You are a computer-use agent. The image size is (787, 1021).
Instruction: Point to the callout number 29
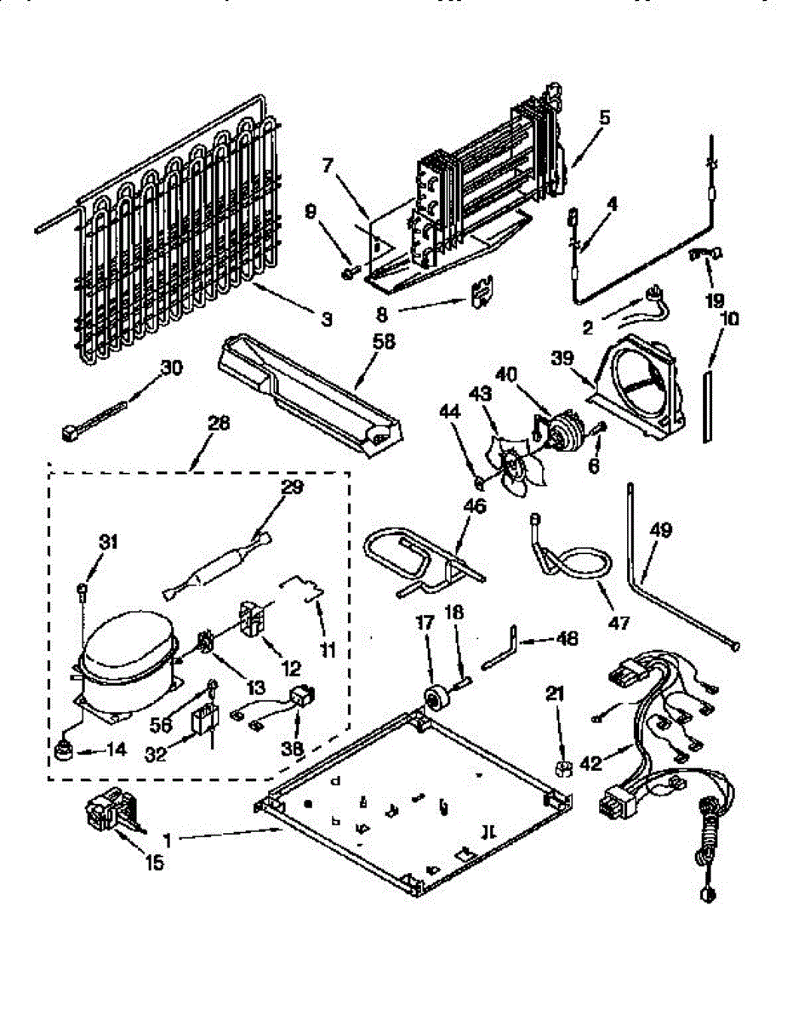pos(291,488)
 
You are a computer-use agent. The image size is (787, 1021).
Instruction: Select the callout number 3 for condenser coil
pos(326,320)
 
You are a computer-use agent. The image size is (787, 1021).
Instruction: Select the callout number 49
pos(662,531)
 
